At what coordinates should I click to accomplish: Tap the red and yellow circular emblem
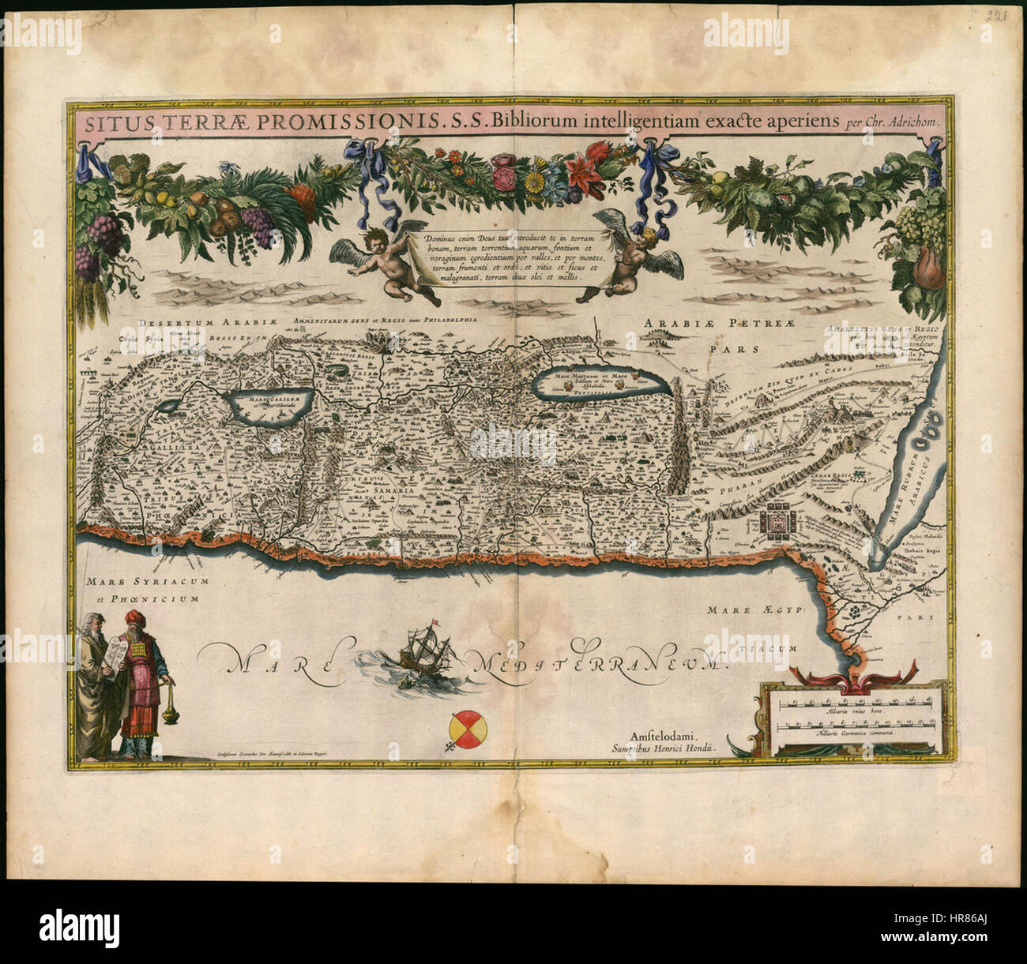(x=463, y=726)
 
